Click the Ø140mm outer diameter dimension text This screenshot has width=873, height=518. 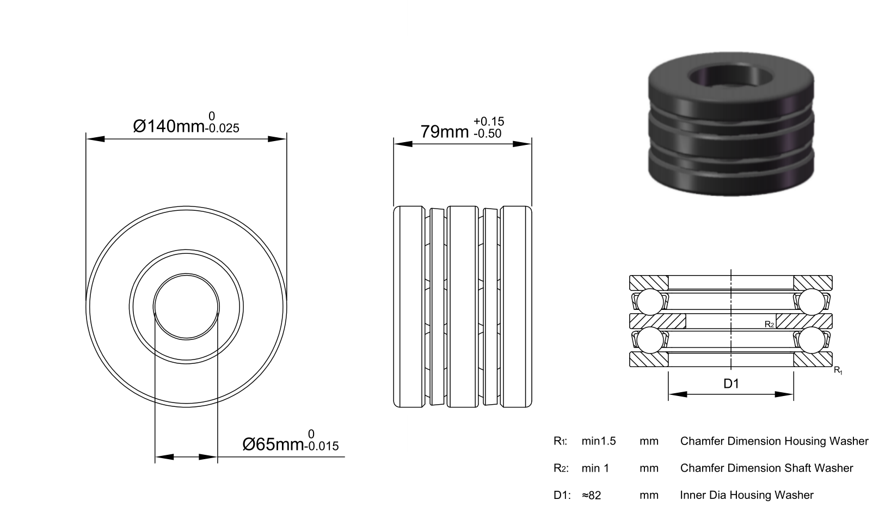(169, 126)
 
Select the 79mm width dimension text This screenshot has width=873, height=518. (444, 132)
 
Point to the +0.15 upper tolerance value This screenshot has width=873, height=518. (489, 121)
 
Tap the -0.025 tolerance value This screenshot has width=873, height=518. (222, 128)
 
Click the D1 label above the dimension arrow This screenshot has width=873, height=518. (731, 384)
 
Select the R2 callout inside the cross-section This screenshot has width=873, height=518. (770, 324)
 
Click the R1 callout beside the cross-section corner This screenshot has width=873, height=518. (838, 370)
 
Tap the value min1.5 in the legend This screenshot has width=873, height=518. (599, 441)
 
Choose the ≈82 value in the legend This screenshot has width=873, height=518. (591, 495)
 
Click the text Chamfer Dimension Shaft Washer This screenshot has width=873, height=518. (767, 468)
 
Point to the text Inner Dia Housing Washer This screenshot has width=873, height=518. (747, 495)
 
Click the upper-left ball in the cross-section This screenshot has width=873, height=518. (650, 302)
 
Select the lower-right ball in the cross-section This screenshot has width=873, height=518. (812, 340)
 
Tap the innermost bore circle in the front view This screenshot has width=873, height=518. (186, 273)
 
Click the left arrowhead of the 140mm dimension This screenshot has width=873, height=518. (95, 139)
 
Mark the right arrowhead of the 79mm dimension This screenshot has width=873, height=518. (522, 144)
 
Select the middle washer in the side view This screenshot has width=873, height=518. (463, 307)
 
